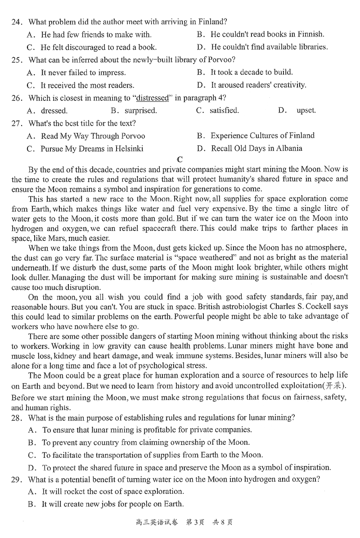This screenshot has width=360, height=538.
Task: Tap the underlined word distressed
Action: [152, 98]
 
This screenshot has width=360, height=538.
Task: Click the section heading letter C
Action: [180, 159]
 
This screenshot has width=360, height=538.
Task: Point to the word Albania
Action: [288, 148]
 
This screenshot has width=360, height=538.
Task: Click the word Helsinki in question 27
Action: [128, 148]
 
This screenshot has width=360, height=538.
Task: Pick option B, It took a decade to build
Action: [252, 72]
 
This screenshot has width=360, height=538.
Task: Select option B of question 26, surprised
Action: [140, 110]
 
